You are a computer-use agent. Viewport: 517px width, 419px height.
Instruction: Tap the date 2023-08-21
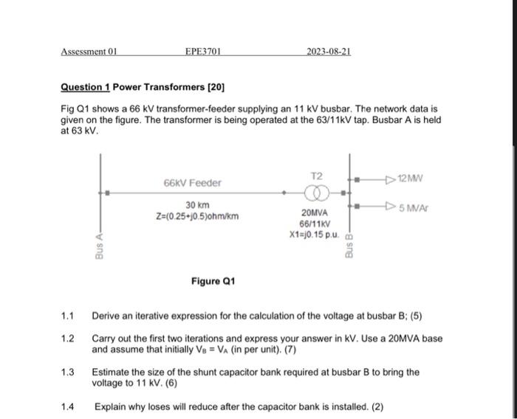click(x=329, y=52)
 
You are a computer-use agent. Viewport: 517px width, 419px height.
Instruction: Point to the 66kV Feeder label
click(x=192, y=182)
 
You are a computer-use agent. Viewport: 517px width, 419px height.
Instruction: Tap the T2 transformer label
click(x=317, y=176)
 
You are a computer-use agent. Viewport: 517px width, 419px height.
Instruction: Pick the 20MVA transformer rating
click(x=314, y=214)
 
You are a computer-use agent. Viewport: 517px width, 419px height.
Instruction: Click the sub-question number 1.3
click(x=68, y=372)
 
